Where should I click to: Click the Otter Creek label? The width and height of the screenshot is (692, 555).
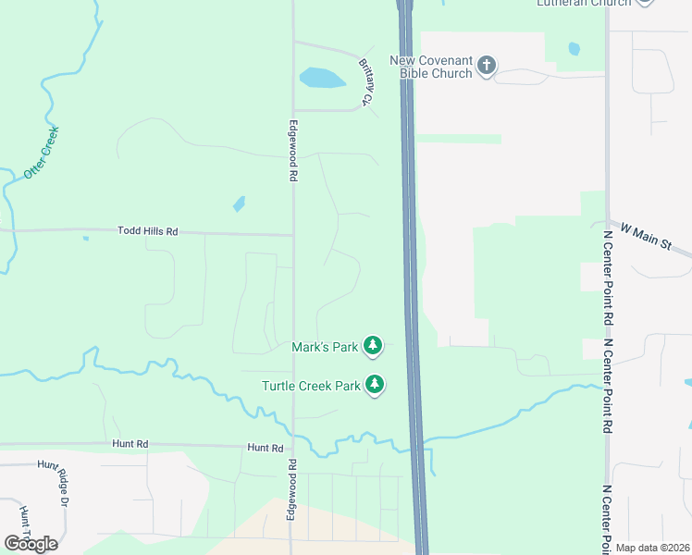click(x=42, y=152)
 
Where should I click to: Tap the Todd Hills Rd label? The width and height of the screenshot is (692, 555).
click(x=147, y=231)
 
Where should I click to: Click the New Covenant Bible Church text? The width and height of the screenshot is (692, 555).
click(x=431, y=67)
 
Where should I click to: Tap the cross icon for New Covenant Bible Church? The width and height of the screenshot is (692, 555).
click(x=488, y=66)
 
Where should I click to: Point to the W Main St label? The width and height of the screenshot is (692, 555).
click(x=657, y=240)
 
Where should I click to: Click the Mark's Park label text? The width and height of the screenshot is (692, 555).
click(x=325, y=347)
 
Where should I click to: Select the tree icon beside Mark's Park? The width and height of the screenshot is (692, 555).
click(x=372, y=346)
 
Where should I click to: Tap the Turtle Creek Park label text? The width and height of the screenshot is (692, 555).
click(x=310, y=385)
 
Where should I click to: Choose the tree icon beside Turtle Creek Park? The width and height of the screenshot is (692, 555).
click(x=374, y=384)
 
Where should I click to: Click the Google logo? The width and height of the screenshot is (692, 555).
click(x=31, y=544)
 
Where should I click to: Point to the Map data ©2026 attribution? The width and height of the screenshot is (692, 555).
click(x=652, y=548)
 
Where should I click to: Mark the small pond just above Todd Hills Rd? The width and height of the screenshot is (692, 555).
click(x=240, y=203)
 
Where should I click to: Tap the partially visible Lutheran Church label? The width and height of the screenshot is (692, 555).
click(x=584, y=4)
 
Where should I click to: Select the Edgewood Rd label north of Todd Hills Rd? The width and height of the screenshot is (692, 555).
click(x=293, y=150)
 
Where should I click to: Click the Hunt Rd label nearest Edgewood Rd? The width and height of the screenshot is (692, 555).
click(x=265, y=448)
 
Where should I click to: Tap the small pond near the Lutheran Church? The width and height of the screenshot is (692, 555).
click(x=575, y=48)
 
